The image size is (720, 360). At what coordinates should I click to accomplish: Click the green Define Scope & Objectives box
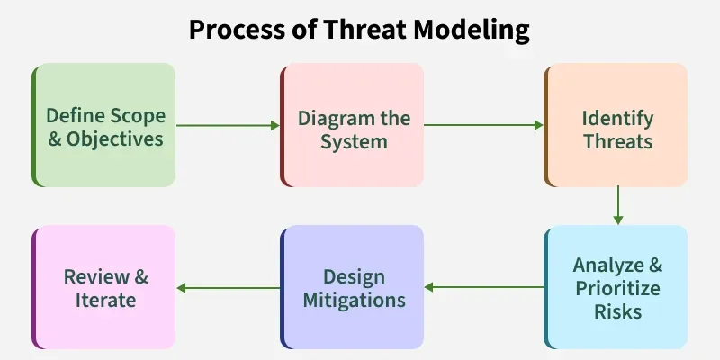pos(104,125)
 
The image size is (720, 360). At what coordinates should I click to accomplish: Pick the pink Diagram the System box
pos(352,125)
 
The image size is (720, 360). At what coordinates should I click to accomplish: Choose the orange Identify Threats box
pos(616,125)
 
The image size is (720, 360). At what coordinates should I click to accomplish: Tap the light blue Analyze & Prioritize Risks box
pos(616,287)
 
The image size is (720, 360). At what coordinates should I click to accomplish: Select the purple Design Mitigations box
pos(352,287)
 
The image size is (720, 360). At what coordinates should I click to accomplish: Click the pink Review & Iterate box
pos(104,287)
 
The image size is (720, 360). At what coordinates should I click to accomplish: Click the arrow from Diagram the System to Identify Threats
pos(483,125)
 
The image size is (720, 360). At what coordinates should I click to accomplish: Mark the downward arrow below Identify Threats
pos(617,205)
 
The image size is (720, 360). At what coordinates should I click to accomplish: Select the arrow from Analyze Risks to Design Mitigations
pos(483,287)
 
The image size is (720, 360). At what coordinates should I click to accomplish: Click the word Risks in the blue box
pos(617,311)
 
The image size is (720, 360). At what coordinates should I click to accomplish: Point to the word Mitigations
pos(354,299)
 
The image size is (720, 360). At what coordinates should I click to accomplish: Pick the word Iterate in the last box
pos(105,299)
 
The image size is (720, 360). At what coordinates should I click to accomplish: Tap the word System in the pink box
pos(354,141)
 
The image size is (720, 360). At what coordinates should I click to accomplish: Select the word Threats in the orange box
pos(617,141)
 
